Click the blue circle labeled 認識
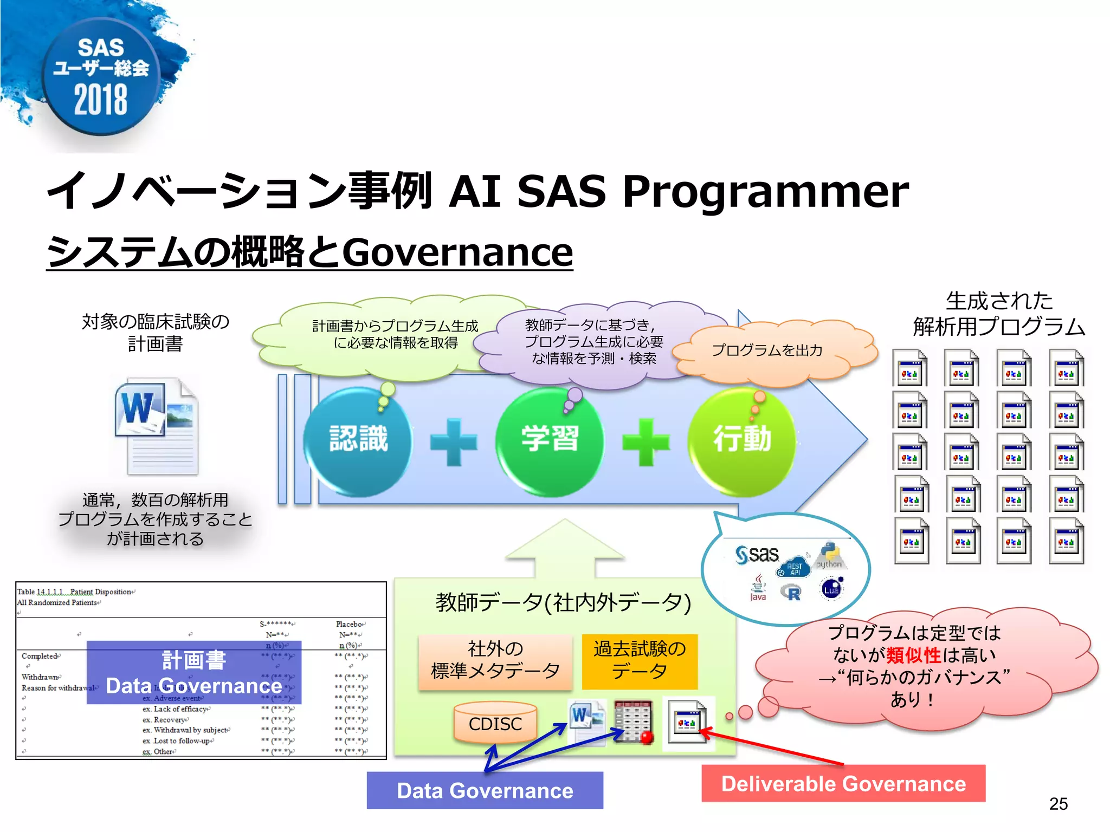pos(358,440)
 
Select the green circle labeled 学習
pos(550,440)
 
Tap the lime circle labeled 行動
pos(742,440)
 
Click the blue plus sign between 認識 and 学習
pos(454,442)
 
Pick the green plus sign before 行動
pos(646,442)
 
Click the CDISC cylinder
pos(495,723)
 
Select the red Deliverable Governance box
pos(843,784)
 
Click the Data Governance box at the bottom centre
pos(485,790)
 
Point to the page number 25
pos(1058,804)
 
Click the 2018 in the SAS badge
pos(101,100)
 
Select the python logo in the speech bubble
pos(830,556)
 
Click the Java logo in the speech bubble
pos(758,588)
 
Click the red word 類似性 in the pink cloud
pos(913,655)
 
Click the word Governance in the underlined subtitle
pos(457,252)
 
